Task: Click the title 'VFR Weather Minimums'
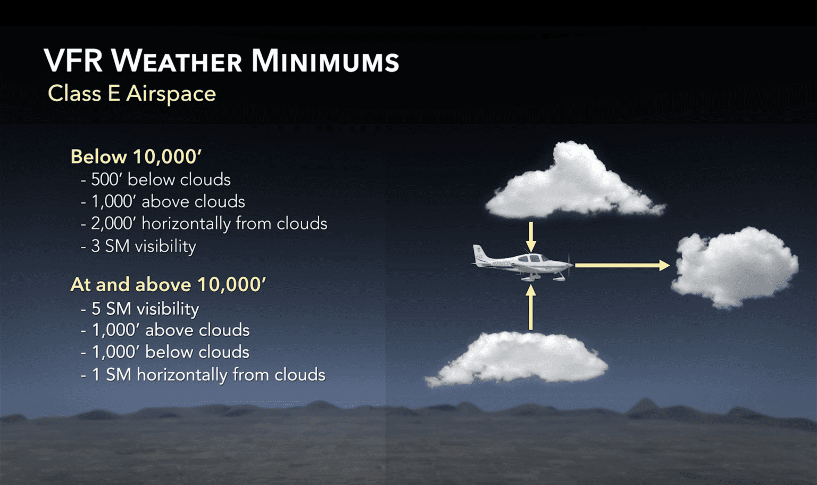pos(221,61)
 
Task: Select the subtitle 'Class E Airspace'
pos(132,94)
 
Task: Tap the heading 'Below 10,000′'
pos(136,157)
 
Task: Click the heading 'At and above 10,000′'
pos(168,285)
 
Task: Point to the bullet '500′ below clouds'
pos(156,180)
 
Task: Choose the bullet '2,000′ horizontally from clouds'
pos(204,224)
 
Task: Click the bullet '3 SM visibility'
pos(139,246)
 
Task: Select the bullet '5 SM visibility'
pos(140,309)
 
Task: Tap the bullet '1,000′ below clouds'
pos(165,352)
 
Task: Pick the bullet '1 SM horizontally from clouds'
pos(203,375)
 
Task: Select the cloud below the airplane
pos(519,358)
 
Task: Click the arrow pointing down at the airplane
pos(530,236)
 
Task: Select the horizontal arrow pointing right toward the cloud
pos(621,265)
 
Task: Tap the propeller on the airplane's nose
pos(570,264)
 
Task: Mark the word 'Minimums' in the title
pos(325,61)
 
